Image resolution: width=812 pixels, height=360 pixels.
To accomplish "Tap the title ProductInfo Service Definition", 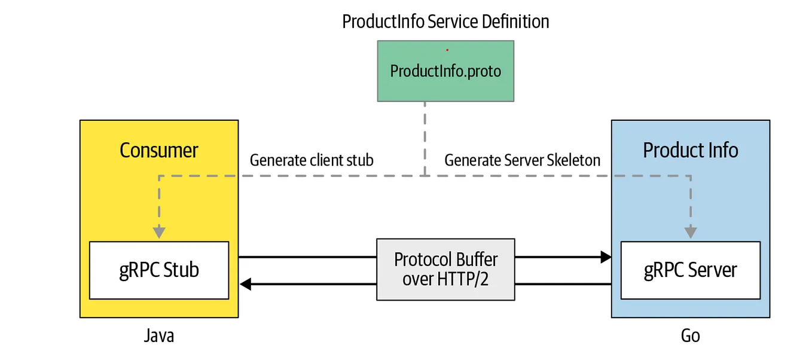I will (445, 22).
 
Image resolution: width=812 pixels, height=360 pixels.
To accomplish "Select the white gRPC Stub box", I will (158, 270).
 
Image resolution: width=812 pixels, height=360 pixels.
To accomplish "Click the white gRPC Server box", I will (690, 270).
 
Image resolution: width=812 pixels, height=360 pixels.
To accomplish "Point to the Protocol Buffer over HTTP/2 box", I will (445, 269).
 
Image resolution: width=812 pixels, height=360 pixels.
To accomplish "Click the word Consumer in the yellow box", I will (158, 150).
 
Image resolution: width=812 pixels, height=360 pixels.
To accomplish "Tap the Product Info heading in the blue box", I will (690, 150).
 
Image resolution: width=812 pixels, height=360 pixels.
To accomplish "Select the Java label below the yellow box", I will (159, 336).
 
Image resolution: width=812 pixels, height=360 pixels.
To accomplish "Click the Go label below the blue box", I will (690, 336).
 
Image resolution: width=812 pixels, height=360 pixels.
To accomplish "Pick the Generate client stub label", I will (312, 160).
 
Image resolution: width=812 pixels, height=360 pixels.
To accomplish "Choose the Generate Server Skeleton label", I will (522, 160).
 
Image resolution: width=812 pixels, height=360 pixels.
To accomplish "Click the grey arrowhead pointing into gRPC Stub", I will (158, 231).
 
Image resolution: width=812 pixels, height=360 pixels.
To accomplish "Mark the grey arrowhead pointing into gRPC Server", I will (691, 231).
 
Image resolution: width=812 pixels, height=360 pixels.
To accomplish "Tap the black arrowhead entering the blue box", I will (606, 257).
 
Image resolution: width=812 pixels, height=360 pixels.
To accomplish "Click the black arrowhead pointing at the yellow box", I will (245, 284).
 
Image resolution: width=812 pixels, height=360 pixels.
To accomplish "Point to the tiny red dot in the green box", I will (447, 50).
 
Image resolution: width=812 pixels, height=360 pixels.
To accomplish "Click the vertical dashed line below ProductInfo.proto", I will (425, 138).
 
